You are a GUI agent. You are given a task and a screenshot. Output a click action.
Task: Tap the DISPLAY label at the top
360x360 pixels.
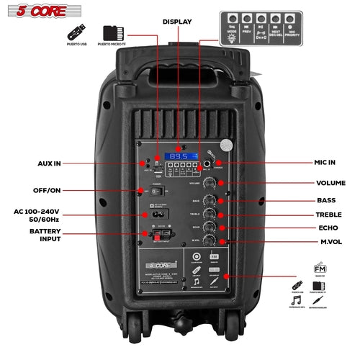pyautogui.click(x=177, y=22)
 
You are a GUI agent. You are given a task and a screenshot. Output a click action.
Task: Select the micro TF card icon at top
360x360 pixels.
pyautogui.click(x=110, y=33)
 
